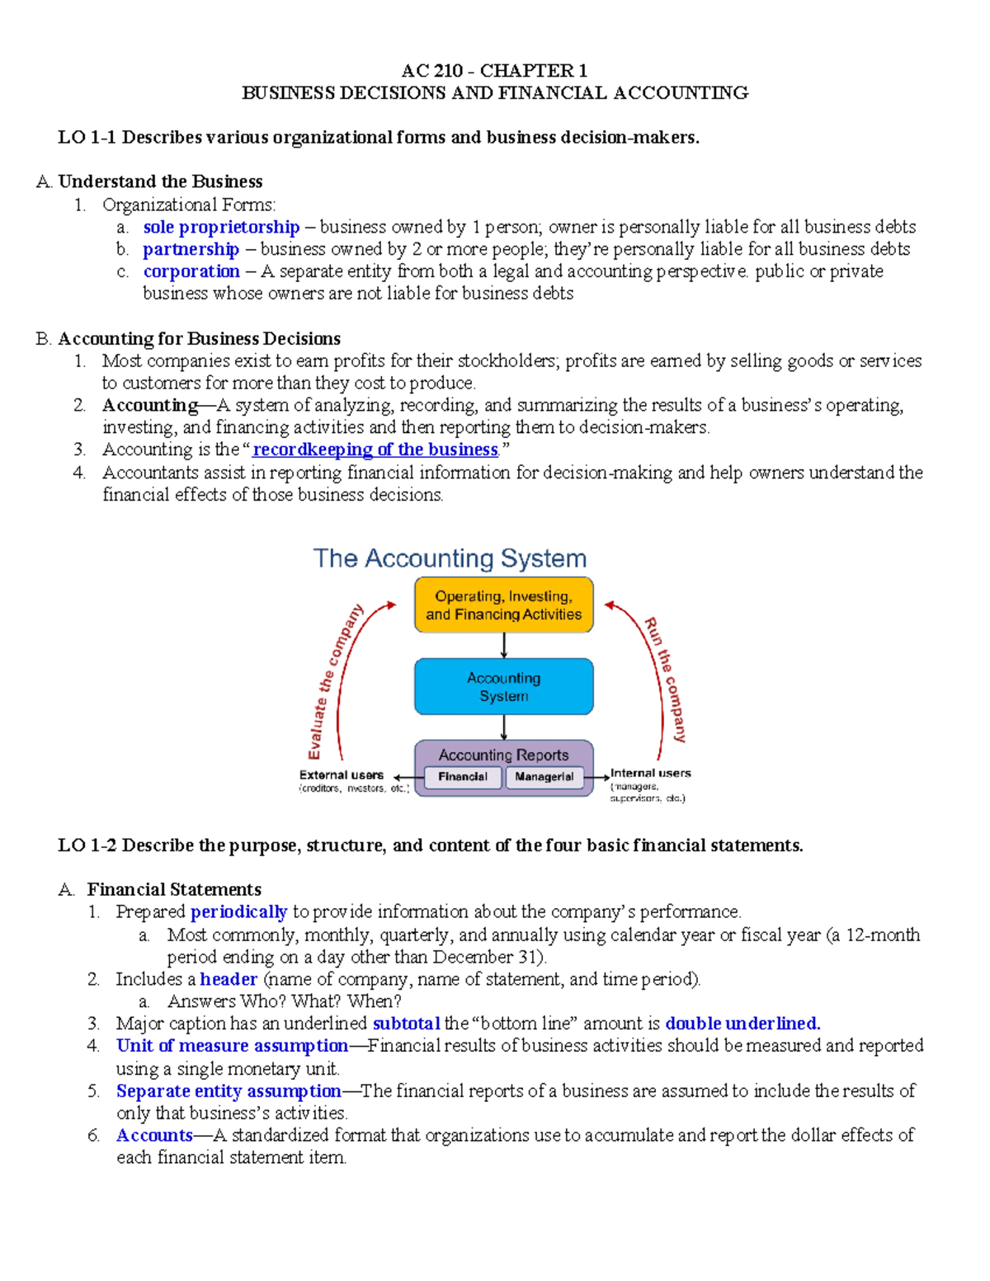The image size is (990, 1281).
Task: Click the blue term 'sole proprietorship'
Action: click(x=221, y=227)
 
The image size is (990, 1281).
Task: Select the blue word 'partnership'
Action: click(x=191, y=249)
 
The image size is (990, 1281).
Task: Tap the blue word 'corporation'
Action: click(x=191, y=271)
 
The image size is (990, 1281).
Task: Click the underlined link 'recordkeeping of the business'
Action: click(x=375, y=450)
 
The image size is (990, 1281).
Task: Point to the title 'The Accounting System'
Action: click(x=450, y=558)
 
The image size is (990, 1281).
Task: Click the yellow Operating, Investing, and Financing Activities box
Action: click(x=503, y=605)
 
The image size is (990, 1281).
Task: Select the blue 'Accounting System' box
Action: click(x=503, y=686)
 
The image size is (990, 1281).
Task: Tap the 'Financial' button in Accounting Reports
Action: click(x=462, y=777)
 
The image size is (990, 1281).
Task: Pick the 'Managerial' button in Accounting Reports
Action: click(x=544, y=777)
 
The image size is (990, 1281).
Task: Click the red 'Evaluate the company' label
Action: click(x=333, y=681)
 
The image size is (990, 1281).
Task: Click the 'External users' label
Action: click(x=342, y=775)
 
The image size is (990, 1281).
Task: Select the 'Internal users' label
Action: click(x=650, y=774)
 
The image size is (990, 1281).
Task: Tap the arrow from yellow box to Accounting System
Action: click(x=504, y=646)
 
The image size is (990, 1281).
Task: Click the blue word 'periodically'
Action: click(x=238, y=912)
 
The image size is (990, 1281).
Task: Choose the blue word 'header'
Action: click(x=229, y=979)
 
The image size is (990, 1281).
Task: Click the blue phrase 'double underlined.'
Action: click(x=742, y=1024)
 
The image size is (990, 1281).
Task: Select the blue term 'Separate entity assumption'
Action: click(x=229, y=1091)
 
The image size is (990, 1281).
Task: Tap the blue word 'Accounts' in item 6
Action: click(x=154, y=1136)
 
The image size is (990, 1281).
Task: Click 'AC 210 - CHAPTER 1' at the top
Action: click(x=494, y=71)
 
